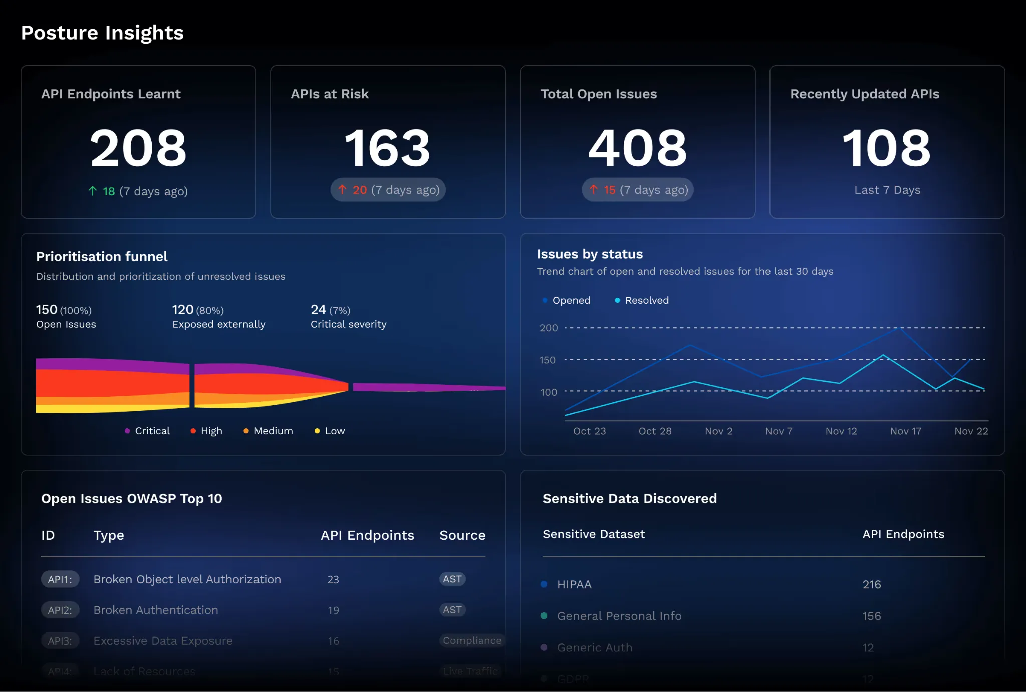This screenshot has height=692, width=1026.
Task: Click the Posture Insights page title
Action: (102, 33)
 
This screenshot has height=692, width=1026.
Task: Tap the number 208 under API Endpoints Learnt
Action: (138, 148)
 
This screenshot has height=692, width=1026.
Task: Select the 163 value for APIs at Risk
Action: (387, 148)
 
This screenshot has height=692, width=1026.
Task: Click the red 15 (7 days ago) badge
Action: (637, 190)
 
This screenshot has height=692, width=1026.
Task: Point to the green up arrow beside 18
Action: (93, 191)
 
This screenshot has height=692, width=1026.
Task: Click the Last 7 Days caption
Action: (887, 190)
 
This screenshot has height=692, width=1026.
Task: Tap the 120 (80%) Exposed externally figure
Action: (198, 310)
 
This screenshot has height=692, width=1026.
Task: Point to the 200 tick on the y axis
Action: (548, 328)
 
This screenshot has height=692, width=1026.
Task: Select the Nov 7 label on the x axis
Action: (779, 431)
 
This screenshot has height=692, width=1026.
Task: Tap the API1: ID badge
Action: (60, 580)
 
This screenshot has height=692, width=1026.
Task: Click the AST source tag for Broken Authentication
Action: (452, 610)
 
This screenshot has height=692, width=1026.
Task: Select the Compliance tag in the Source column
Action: (472, 640)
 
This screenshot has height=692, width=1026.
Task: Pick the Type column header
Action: (109, 535)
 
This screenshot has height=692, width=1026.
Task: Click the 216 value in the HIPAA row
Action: (871, 584)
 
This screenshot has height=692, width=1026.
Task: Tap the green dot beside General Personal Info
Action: (544, 616)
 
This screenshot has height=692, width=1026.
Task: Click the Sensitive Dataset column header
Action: (594, 534)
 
